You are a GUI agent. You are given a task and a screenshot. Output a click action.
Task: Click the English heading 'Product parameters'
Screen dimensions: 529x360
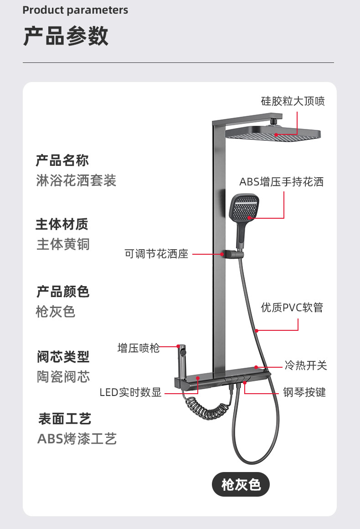point(75,10)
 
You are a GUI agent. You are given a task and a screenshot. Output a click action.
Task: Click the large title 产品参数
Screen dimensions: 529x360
point(66,36)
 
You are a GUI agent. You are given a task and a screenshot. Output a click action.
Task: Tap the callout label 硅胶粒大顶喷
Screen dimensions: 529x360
point(293,101)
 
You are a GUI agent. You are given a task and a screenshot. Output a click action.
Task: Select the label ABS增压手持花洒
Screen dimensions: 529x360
point(281,182)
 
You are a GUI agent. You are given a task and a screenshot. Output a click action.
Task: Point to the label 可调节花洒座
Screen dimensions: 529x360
point(156,254)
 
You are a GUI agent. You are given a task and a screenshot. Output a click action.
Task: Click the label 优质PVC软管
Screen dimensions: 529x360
point(292,308)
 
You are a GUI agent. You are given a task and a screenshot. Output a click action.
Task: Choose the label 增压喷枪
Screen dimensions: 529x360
point(139,349)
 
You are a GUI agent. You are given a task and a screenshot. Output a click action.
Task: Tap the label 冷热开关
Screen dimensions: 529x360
point(305,365)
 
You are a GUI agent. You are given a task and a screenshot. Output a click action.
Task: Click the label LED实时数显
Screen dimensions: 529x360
point(131,392)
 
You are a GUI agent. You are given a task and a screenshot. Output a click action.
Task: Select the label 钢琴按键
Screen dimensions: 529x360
point(304,392)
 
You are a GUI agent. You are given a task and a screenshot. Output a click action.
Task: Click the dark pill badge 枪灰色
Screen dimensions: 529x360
point(241,484)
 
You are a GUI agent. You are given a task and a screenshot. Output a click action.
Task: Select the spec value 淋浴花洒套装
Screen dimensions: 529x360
point(76,181)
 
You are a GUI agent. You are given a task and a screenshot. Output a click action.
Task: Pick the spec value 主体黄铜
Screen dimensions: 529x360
point(63,245)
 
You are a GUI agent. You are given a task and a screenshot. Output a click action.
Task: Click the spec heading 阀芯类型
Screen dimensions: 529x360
point(63,357)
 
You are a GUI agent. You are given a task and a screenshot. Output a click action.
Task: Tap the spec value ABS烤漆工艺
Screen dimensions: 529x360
point(77,439)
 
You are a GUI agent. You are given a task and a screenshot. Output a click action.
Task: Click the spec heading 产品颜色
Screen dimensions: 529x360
point(63,292)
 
